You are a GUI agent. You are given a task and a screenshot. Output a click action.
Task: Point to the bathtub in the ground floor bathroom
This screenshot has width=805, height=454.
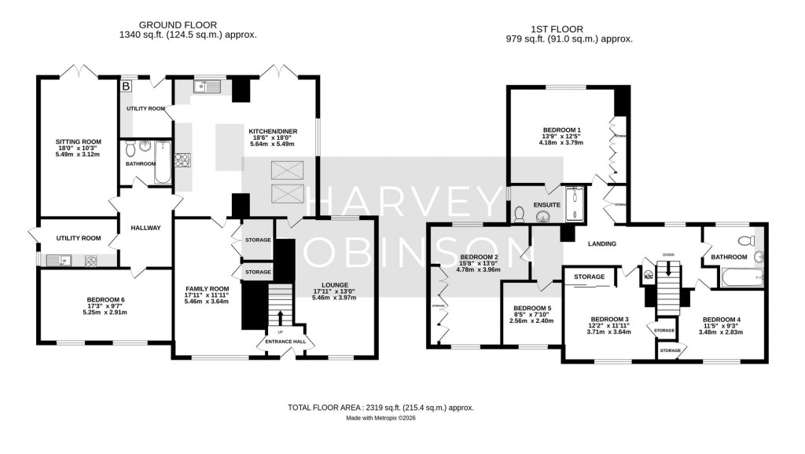point(162,161)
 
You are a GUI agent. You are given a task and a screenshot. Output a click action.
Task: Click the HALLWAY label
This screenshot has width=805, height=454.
point(146,229)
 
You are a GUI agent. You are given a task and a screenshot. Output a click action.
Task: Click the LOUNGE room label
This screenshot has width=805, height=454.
point(334,284)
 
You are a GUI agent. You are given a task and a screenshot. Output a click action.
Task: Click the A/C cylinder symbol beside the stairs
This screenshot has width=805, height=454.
point(649,276)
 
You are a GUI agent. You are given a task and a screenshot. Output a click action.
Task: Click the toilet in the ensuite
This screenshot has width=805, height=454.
point(520,213)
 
